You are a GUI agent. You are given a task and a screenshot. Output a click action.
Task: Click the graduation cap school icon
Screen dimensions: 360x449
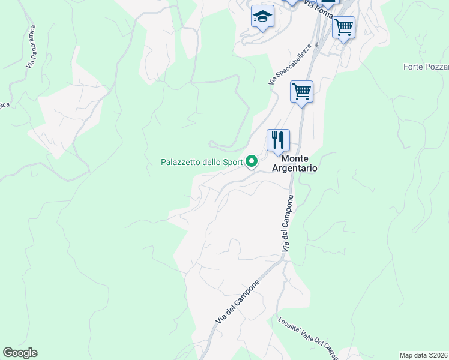point(262,17)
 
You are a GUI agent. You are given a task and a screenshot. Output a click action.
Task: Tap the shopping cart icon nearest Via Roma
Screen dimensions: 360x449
point(343,27)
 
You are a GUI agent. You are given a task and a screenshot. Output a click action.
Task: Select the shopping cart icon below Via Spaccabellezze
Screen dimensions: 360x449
point(301,92)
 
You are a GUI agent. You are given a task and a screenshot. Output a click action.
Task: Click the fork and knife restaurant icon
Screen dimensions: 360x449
point(278,140)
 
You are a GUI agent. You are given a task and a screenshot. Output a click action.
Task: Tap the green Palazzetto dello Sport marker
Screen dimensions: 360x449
point(252,161)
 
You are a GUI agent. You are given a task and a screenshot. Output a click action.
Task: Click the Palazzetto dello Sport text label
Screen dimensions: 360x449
point(201,162)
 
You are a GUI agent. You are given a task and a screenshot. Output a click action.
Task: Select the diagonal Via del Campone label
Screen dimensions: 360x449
point(238,303)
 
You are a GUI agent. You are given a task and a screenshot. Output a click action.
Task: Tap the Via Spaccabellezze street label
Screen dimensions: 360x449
point(290,64)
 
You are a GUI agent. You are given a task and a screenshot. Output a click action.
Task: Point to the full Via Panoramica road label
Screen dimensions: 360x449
point(31,46)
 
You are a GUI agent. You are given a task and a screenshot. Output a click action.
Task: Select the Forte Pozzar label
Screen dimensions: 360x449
point(426,66)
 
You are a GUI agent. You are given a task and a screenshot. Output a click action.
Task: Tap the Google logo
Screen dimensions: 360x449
point(20,353)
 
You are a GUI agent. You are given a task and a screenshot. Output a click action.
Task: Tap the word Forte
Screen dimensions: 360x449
point(414,66)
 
